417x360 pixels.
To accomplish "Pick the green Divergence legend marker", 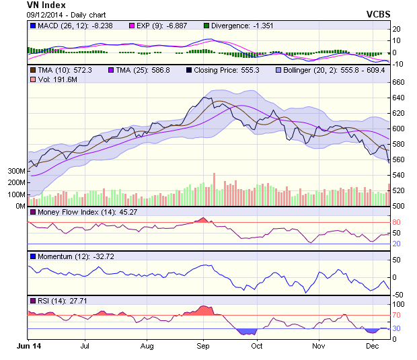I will [x=206, y=26].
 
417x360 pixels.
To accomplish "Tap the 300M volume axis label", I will [x=15, y=171].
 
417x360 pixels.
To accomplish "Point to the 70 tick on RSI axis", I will [x=397, y=315].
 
